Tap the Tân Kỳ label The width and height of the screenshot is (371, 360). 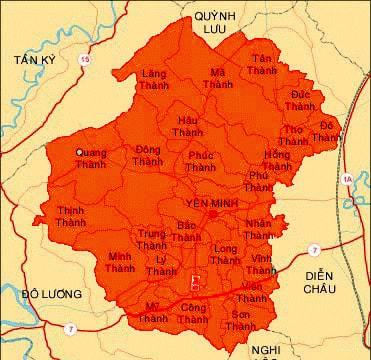(x=33, y=61)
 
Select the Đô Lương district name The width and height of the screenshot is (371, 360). (x=45, y=294)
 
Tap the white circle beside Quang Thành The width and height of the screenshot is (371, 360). (x=79, y=153)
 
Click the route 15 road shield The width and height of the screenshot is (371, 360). (x=85, y=62)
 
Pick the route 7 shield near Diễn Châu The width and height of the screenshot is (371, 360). (x=314, y=248)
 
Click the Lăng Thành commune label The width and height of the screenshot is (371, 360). (x=154, y=80)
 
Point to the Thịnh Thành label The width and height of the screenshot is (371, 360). (x=71, y=217)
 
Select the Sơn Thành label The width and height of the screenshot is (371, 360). (x=240, y=321)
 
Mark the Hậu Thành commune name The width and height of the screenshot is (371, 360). (x=187, y=126)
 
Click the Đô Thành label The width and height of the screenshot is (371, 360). (x=327, y=131)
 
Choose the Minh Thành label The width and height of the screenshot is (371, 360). (x=120, y=262)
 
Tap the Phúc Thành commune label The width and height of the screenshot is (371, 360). (x=201, y=162)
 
